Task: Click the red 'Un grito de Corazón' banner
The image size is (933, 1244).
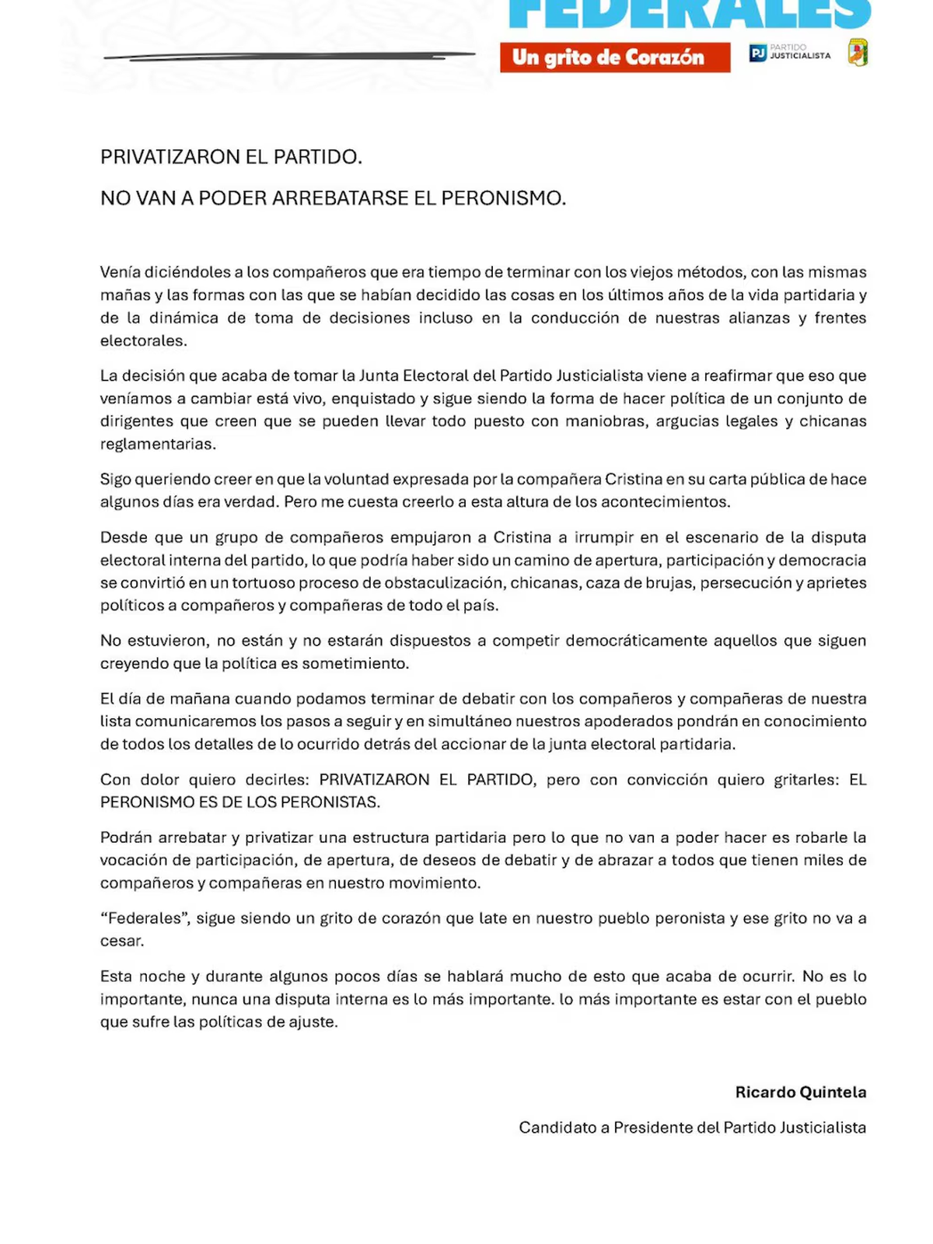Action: pos(614,58)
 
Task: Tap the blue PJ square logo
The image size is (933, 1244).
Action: pos(757,53)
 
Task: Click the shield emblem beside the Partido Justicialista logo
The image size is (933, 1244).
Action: pos(858,52)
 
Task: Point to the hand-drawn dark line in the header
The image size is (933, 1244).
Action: pos(288,56)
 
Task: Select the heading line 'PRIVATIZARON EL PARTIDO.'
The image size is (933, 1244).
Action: pos(231,157)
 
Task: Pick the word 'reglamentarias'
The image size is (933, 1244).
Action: pos(157,444)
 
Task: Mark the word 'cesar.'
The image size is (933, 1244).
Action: pos(122,941)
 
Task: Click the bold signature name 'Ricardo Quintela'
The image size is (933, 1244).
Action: pos(800,1092)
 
